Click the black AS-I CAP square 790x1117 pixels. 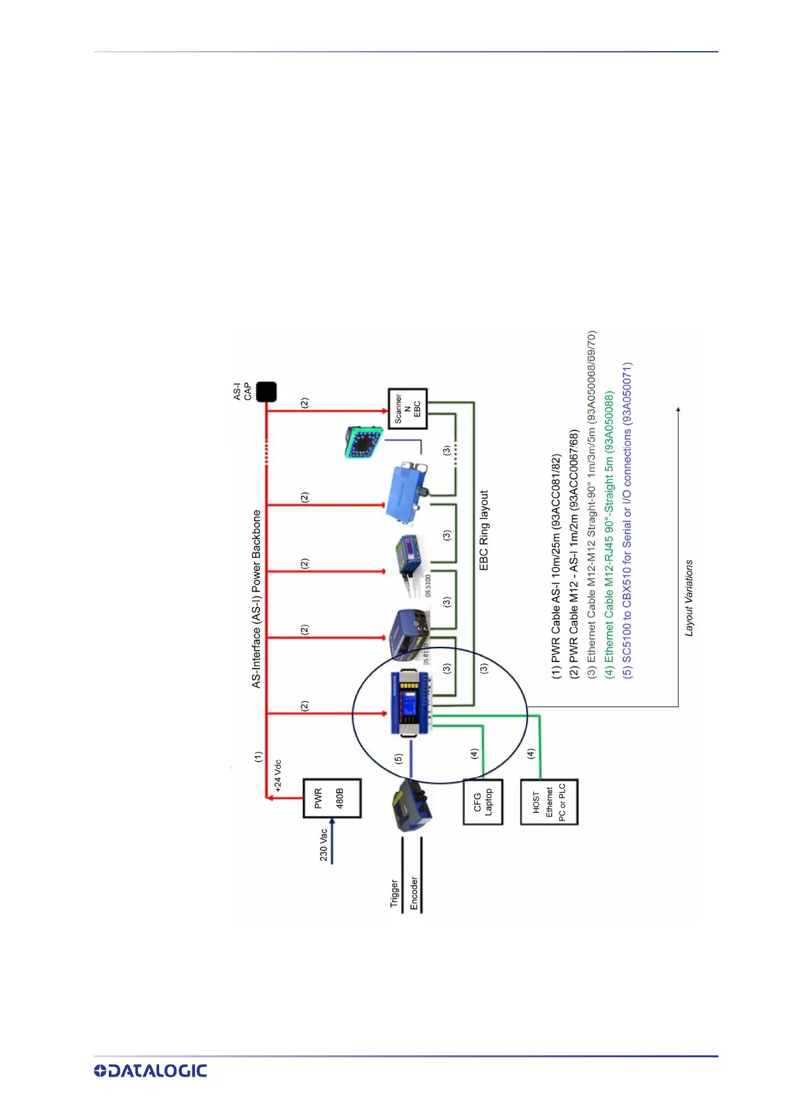[x=266, y=391]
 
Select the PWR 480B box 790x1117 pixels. [x=332, y=799]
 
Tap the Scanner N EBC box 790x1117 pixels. [x=407, y=409]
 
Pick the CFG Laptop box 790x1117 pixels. [x=483, y=803]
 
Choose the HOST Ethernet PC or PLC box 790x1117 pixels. [x=549, y=802]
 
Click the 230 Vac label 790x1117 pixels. [x=323, y=844]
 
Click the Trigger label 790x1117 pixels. [x=395, y=893]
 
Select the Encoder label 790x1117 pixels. [x=414, y=893]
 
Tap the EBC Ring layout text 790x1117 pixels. [x=484, y=530]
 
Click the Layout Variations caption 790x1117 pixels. [x=689, y=598]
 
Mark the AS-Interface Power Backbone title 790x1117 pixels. [x=257, y=598]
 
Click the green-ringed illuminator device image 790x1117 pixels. [x=363, y=442]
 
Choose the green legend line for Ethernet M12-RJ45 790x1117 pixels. [x=609, y=534]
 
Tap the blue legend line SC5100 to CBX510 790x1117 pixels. [x=627, y=519]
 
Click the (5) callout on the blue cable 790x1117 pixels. [x=398, y=758]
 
